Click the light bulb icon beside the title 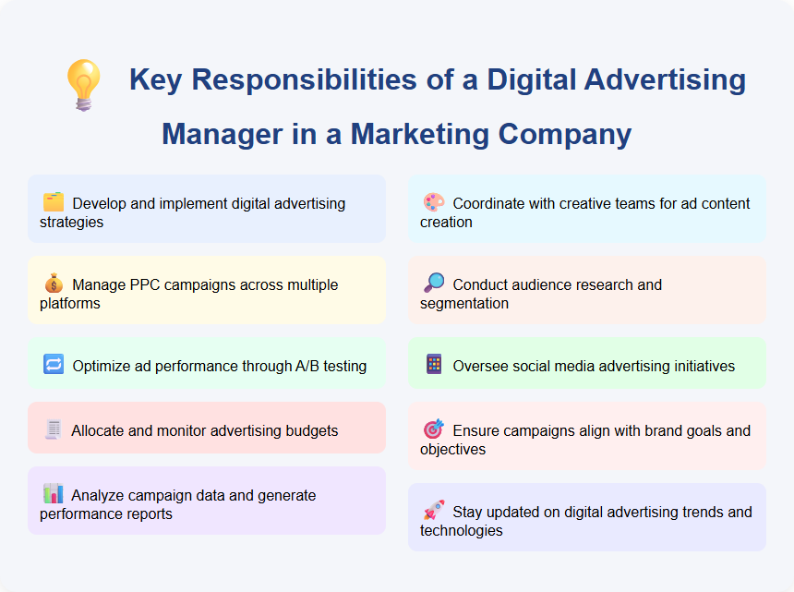pos(82,85)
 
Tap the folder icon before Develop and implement pos(54,202)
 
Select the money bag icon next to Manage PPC pos(54,284)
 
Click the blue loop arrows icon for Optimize pos(54,365)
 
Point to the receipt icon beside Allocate pos(54,429)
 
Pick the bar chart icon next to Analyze pos(54,494)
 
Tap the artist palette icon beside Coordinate pos(434,202)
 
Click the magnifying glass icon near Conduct pos(434,284)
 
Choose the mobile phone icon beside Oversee pos(434,365)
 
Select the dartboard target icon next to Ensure pos(434,429)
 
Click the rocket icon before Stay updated pos(434,511)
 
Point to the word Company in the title pos(565,134)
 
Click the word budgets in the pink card pos(308,430)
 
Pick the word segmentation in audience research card pos(464,303)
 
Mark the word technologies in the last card pos(462,530)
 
